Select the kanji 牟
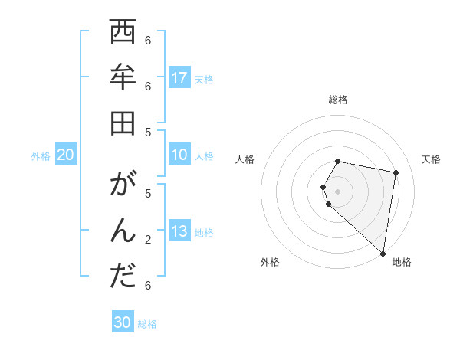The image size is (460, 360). coord(123,77)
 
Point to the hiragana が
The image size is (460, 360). coord(123,185)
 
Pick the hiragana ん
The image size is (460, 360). coord(123,231)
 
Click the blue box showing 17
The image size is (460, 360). coord(179,77)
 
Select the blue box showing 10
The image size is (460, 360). coord(179,155)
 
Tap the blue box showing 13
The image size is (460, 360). coord(179,231)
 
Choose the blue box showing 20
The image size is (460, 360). coord(65,155)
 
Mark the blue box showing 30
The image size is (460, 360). coord(123,322)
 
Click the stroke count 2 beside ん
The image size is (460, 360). coord(147,240)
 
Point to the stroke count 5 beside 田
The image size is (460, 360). coord(147,132)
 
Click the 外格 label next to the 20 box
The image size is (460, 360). coord(41,156)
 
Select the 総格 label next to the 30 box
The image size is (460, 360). coord(147,324)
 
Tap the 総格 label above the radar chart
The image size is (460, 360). coord(338,100)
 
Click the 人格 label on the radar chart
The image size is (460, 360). coord(245,159)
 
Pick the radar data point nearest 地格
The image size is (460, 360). coord(383,253)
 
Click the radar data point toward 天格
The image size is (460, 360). coord(396,173)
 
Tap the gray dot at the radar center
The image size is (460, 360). coord(338,191)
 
